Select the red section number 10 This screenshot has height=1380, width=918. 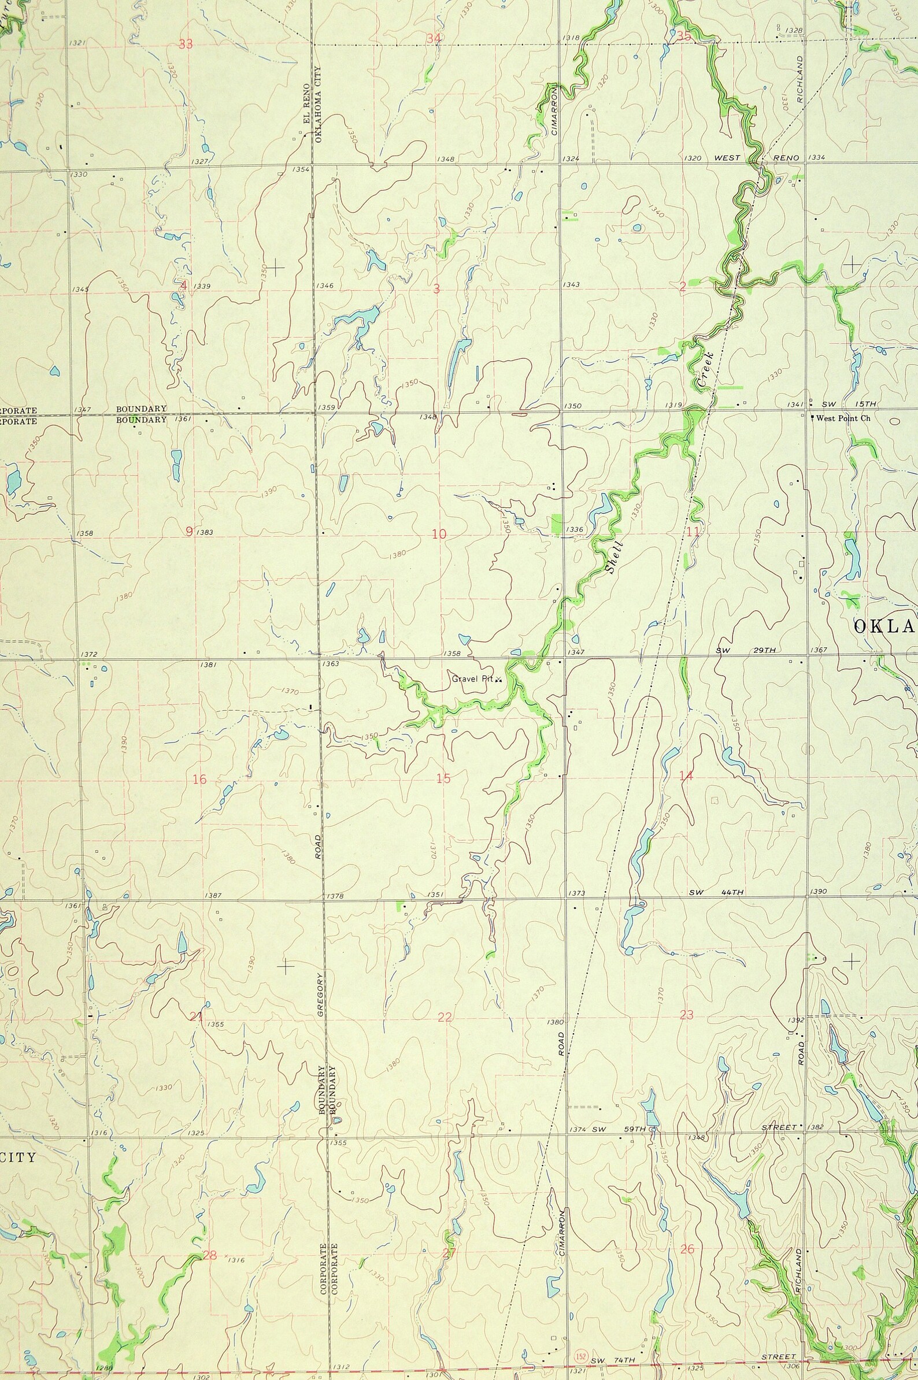coord(439,534)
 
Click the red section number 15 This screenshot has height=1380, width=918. coord(443,778)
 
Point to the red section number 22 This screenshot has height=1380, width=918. coord(445,1017)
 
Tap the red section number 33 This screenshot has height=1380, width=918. coord(186,44)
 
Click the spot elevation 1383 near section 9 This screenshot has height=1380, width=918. coord(205,532)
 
